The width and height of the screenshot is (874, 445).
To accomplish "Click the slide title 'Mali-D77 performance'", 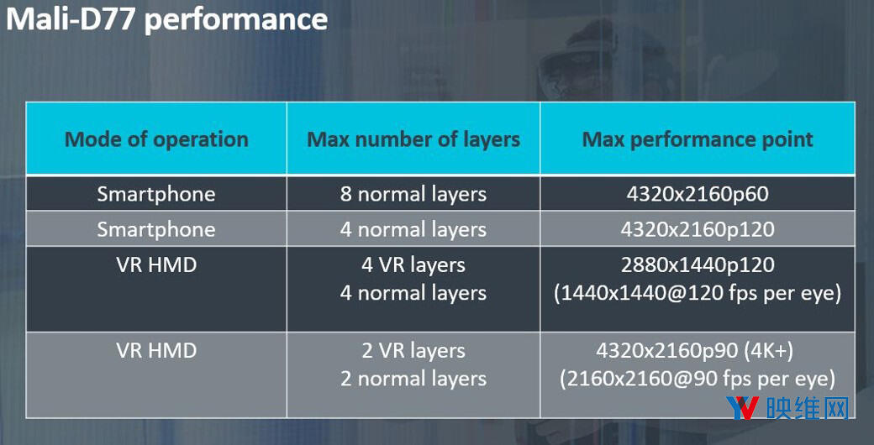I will [x=166, y=18].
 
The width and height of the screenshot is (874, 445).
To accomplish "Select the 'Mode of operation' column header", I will [x=156, y=139].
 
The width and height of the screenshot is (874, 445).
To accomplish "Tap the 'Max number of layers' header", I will [x=413, y=139].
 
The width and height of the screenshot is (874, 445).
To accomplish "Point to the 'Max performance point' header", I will [x=698, y=139].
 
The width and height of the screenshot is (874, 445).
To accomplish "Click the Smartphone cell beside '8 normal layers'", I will [x=156, y=194].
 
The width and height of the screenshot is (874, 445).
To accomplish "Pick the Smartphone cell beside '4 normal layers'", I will [x=156, y=229].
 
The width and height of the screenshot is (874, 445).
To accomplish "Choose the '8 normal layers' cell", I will [x=413, y=194].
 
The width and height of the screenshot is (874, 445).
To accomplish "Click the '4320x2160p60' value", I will [x=698, y=194].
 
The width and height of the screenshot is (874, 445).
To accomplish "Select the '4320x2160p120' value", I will [x=698, y=229].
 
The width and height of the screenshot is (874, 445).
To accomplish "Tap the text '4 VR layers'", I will [x=413, y=265].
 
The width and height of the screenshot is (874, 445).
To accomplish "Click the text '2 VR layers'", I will [x=413, y=350].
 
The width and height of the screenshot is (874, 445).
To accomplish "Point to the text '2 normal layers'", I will [x=413, y=379].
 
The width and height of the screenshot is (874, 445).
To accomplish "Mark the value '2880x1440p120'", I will [x=698, y=265].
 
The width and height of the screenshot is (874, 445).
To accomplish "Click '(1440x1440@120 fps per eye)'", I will [x=698, y=294].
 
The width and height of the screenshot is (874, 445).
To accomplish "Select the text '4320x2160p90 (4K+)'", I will [x=698, y=350].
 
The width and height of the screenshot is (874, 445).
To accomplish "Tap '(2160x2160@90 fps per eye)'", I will [x=698, y=379].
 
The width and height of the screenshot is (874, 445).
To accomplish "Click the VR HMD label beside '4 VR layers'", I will [x=156, y=265].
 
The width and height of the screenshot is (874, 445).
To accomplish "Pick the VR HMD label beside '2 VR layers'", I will [x=156, y=350].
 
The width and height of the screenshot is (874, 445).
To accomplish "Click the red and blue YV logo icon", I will [x=744, y=408].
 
